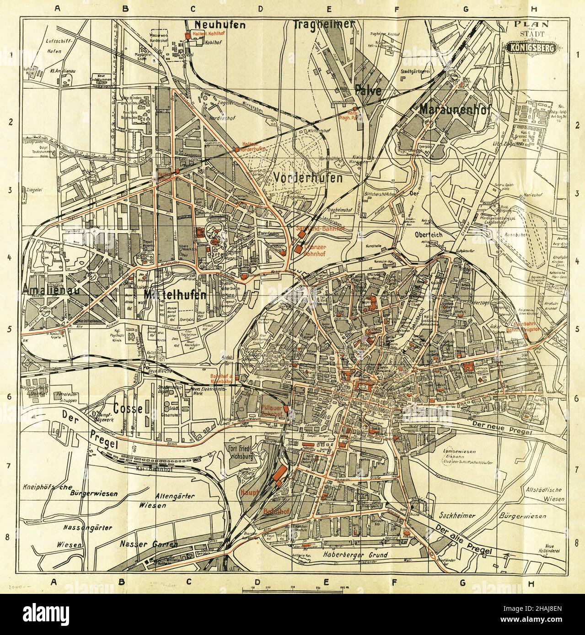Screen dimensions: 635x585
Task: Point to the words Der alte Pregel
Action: click(464, 541)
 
